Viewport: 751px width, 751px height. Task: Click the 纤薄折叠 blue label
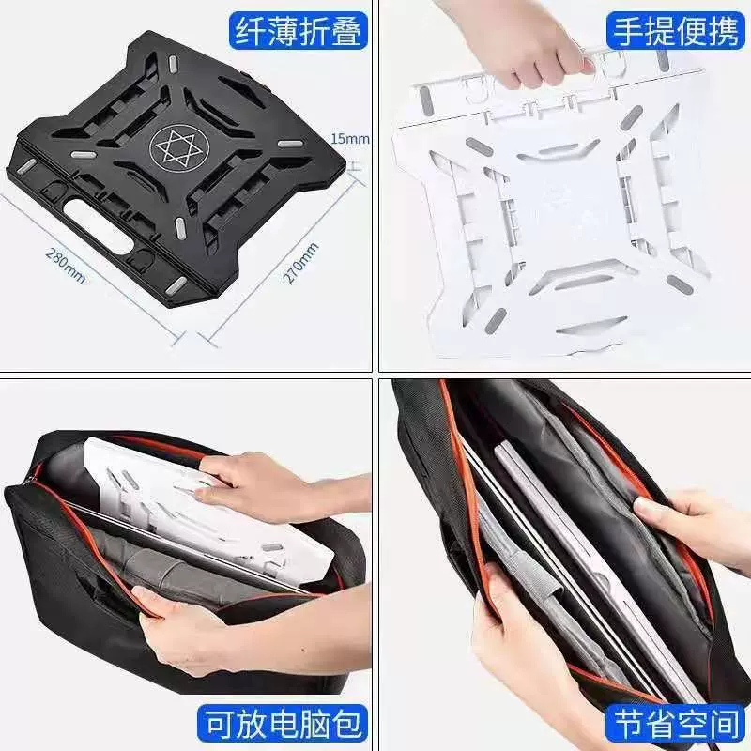pos(298,30)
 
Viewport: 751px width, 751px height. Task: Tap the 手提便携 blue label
pos(676,30)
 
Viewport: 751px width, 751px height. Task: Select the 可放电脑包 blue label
pos(283,724)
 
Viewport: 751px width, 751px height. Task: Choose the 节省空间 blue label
pos(676,724)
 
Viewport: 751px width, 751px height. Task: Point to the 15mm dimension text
pos(350,139)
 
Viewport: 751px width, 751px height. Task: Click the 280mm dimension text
pos(66,265)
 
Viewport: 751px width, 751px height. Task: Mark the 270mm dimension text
pos(300,264)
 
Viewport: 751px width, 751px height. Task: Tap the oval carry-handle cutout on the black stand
pos(100,225)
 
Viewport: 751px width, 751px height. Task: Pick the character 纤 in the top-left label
pos(250,30)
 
